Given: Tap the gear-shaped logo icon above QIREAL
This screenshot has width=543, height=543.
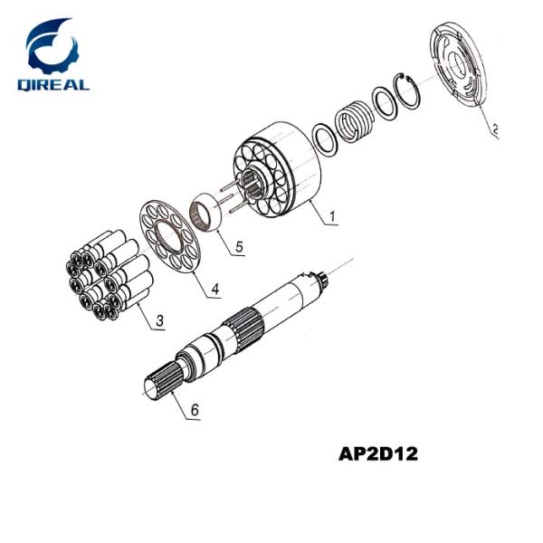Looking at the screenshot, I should pyautogui.click(x=52, y=45).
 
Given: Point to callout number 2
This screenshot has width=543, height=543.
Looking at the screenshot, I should pyautogui.click(x=495, y=129).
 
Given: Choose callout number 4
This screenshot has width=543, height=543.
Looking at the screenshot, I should pyautogui.click(x=214, y=290).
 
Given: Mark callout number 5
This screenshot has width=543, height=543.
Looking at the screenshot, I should pyautogui.click(x=239, y=246).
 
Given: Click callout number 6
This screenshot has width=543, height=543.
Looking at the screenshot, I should pyautogui.click(x=194, y=409).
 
